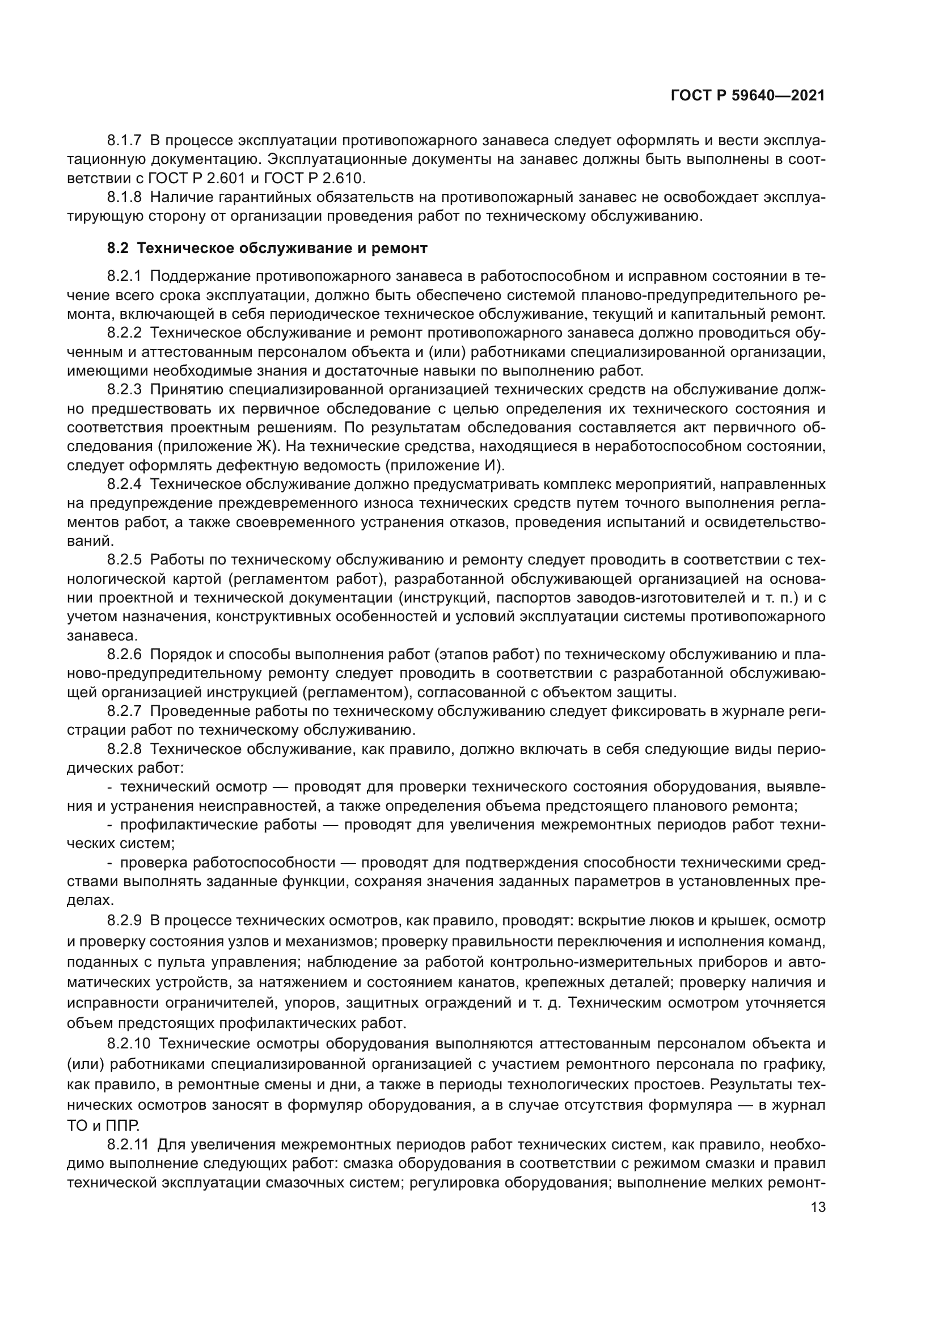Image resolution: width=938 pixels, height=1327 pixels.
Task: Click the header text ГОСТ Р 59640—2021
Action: click(748, 96)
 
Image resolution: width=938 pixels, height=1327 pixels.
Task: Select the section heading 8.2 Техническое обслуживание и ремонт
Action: click(267, 248)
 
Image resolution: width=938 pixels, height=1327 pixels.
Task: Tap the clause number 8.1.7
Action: click(124, 141)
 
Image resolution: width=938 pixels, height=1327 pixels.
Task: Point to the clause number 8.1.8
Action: click(124, 197)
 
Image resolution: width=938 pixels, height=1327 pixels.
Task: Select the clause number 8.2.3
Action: click(124, 390)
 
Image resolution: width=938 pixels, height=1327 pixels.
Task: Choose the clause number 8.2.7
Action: click(124, 711)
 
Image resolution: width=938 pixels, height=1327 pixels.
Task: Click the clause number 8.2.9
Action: click(124, 920)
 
